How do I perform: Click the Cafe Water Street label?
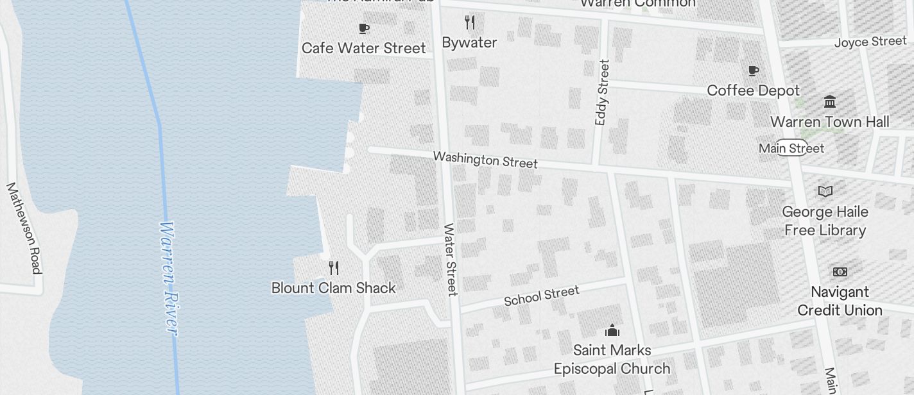363,48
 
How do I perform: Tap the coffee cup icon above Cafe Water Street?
364,28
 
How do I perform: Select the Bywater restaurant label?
469,42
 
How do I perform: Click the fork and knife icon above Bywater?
470,22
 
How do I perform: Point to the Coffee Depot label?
753,90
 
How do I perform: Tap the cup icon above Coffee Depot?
754,71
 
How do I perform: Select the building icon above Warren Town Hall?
830,101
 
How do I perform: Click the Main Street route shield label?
791,148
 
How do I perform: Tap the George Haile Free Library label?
825,221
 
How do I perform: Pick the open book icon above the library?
825,191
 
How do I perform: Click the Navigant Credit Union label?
840,301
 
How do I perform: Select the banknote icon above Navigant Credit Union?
840,272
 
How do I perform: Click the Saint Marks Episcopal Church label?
612,359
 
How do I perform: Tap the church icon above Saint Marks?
612,330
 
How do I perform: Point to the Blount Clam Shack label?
334,288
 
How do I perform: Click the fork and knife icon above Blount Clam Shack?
334,267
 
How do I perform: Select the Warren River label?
168,278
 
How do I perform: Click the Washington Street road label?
485,159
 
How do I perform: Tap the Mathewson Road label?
24,228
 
